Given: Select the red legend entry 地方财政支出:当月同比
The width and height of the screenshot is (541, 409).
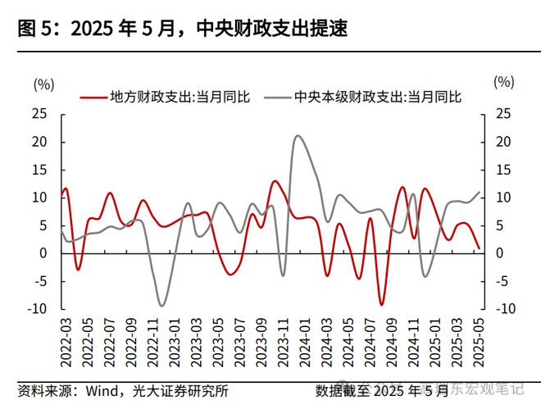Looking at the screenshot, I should click(x=167, y=97).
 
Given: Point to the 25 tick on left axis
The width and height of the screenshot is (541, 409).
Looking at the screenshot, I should click(x=39, y=114).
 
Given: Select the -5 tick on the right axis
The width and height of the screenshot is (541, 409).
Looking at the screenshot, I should click(x=503, y=281).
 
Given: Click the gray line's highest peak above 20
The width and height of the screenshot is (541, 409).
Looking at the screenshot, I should click(x=297, y=136).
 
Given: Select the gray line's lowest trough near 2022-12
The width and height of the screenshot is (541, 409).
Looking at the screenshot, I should click(x=161, y=306).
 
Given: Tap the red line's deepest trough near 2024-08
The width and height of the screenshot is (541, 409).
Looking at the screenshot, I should click(x=380, y=304).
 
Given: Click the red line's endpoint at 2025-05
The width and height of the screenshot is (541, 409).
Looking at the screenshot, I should click(x=480, y=248).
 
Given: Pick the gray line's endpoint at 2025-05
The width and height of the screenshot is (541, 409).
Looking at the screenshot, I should click(x=480, y=192).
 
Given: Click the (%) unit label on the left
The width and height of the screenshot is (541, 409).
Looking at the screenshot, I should click(x=43, y=83).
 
